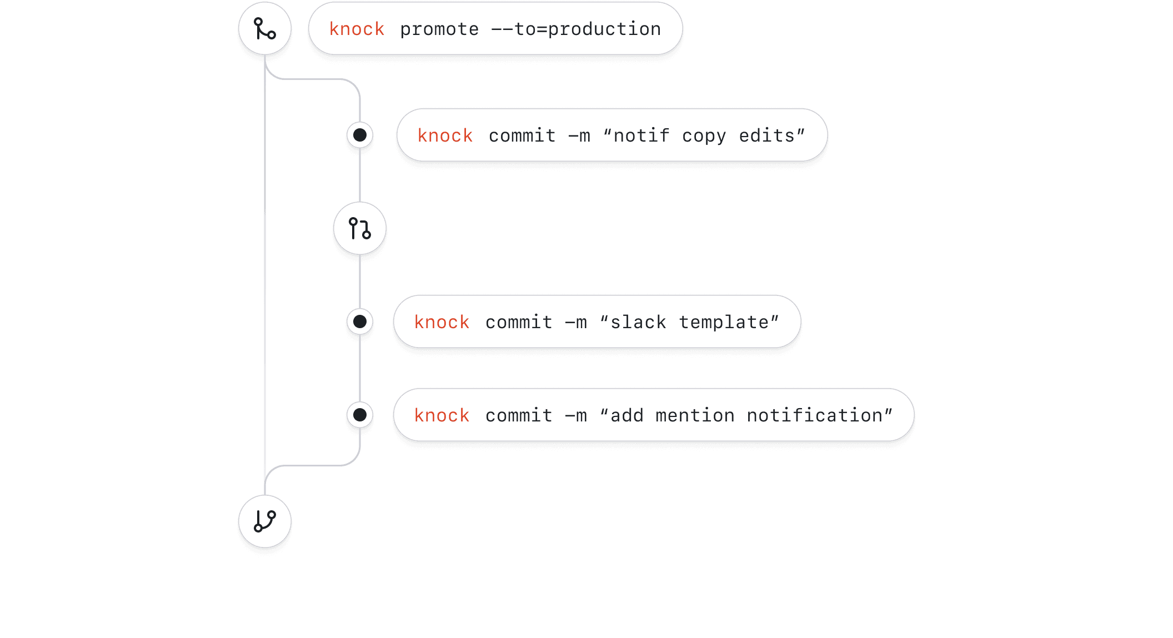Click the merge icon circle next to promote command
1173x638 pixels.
(265, 28)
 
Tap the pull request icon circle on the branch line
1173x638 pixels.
(360, 228)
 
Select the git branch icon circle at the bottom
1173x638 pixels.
(265, 521)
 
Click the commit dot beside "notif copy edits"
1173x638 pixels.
(360, 135)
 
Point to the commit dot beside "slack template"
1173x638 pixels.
(360, 321)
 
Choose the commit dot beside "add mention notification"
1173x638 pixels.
(360, 415)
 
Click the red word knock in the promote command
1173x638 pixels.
(357, 29)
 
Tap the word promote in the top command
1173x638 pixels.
(439, 29)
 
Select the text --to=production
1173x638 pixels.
(577, 29)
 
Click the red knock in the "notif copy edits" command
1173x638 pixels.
(445, 135)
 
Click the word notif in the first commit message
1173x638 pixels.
(641, 135)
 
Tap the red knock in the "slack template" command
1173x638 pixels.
(442, 322)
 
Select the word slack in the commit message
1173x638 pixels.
(638, 322)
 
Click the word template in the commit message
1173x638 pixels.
(724, 322)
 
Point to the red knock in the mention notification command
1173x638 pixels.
(442, 415)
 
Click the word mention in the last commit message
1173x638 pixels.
(695, 415)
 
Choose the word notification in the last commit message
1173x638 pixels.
(815, 415)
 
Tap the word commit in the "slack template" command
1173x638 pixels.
(519, 322)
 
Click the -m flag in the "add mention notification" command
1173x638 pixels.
(576, 415)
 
